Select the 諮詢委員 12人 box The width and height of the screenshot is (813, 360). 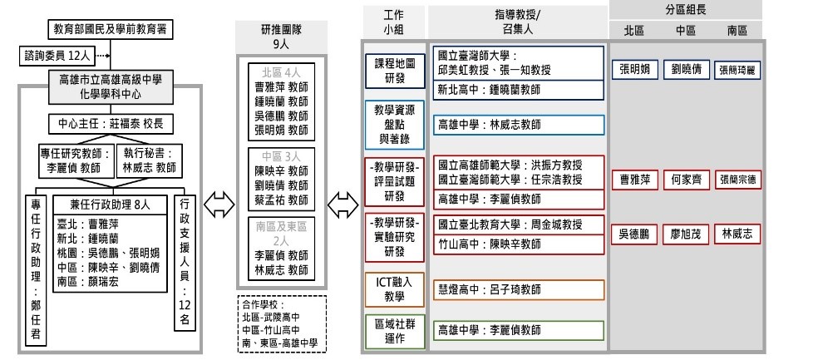[x=53, y=57]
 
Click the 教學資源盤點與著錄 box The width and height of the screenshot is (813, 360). [x=394, y=124]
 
